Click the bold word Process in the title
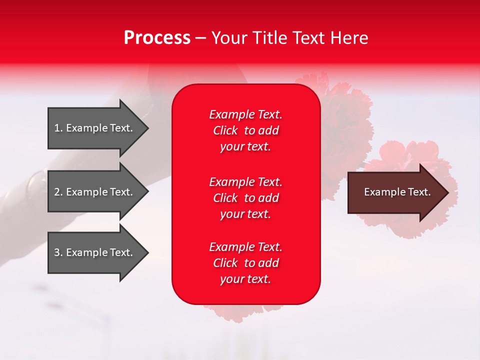(157, 38)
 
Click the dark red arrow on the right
(395, 192)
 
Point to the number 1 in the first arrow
(57, 128)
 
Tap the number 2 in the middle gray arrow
(57, 192)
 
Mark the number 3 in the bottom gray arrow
(57, 252)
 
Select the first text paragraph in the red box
(245, 130)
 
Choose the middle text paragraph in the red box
(245, 197)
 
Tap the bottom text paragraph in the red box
(245, 263)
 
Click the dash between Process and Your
(201, 38)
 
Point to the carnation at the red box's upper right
(345, 110)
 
